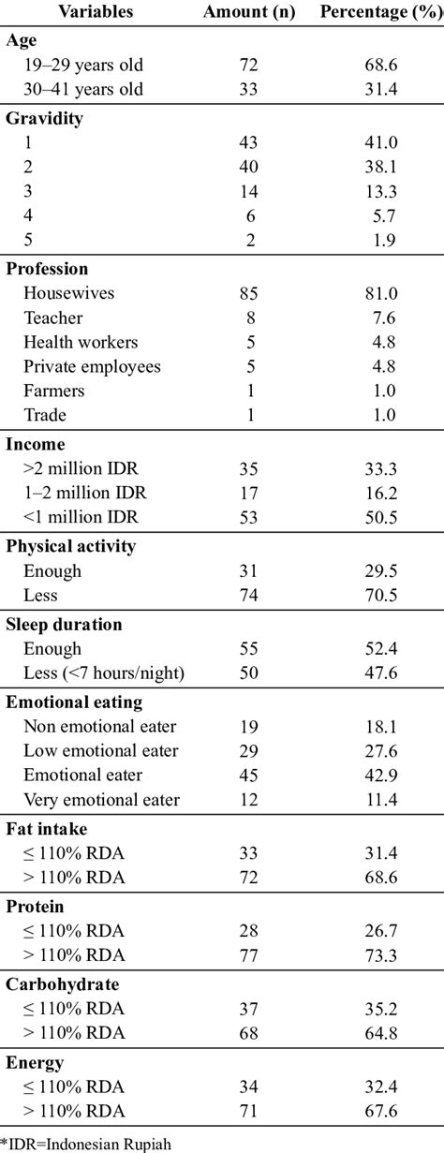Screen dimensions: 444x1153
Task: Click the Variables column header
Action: [96, 11]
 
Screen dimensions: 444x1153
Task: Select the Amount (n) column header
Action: [249, 12]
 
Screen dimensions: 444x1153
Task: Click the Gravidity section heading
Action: [44, 119]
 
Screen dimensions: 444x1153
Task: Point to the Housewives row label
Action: [69, 293]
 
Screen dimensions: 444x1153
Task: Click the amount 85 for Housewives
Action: [248, 293]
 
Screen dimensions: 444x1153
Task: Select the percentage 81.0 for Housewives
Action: [381, 293]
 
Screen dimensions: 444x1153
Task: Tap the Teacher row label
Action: [53, 318]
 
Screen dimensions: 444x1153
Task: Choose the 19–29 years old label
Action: [83, 65]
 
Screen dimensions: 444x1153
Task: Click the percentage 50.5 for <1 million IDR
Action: [381, 517]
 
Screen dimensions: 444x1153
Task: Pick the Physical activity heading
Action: [70, 547]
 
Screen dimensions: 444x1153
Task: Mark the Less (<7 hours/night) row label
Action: [104, 673]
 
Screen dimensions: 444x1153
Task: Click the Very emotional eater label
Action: [102, 800]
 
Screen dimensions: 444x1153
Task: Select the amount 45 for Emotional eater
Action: [248, 776]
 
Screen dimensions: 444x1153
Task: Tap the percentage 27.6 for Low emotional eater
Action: [381, 751]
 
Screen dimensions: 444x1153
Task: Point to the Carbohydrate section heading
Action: [62, 984]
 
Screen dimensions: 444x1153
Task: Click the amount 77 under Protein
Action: [248, 956]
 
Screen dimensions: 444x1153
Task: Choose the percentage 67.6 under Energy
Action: [381, 1111]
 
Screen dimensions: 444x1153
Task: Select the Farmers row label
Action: [54, 391]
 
